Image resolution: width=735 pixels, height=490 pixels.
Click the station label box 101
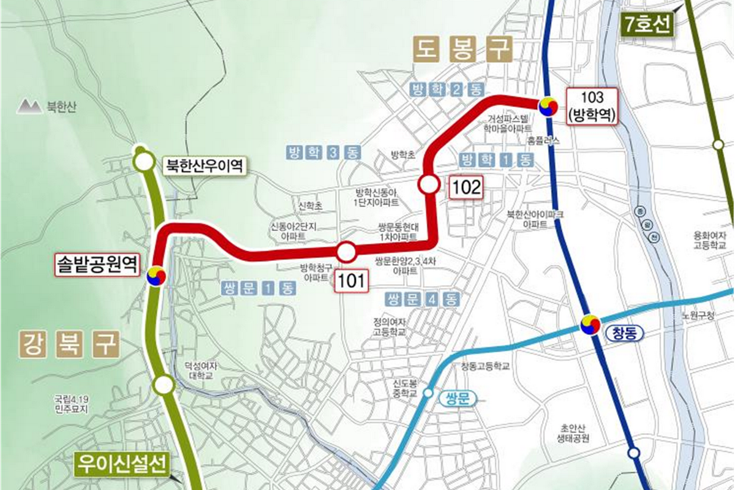click(351, 282)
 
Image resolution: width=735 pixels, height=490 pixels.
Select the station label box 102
click(466, 187)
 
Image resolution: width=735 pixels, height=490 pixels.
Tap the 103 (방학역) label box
click(591, 106)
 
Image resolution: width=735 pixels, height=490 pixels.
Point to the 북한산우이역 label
click(203, 165)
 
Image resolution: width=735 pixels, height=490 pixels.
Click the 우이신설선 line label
click(122, 464)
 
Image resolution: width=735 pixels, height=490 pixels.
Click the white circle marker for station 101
click(346, 251)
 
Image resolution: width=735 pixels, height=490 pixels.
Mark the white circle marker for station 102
click(428, 184)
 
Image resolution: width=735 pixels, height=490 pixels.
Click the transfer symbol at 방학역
click(548, 107)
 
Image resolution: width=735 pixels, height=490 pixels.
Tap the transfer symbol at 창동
click(591, 325)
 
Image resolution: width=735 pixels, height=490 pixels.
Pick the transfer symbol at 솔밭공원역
click(156, 276)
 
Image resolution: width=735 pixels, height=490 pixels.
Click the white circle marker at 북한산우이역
click(145, 162)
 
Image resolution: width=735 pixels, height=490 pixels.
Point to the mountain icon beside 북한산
click(28, 107)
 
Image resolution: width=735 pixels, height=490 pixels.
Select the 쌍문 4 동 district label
click(422, 300)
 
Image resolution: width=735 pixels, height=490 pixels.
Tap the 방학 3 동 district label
click(323, 153)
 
